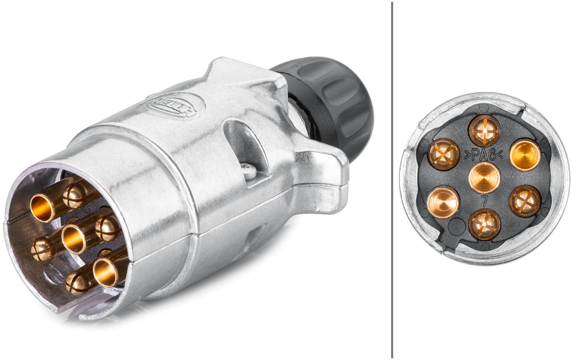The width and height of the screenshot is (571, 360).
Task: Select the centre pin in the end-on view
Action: (484, 177)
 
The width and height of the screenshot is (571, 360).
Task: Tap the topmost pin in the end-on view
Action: (484, 130)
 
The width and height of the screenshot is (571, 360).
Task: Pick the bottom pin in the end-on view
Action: (484, 224)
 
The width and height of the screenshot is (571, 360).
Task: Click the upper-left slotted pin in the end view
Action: (443, 154)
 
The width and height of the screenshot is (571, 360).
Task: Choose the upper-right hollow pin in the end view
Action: (525, 154)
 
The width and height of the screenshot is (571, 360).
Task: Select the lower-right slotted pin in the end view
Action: (525, 201)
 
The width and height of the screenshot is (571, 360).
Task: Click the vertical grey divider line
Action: (392, 179)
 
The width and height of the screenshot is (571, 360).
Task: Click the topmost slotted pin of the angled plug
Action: (74, 195)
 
